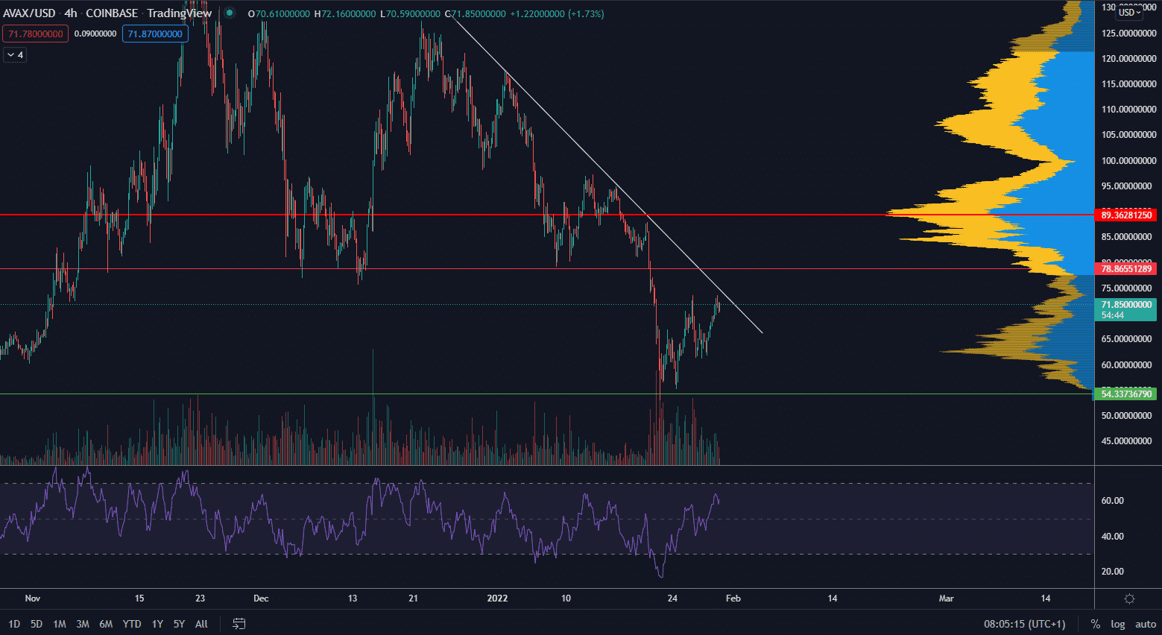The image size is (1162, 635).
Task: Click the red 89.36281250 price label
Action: point(1125,215)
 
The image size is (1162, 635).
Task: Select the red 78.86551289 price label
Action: point(1125,268)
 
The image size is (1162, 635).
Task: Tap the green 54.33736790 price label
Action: point(1125,394)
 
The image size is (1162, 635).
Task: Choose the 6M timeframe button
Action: point(106,624)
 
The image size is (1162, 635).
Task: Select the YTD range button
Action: point(132,624)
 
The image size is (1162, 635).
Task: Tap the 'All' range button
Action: point(201,624)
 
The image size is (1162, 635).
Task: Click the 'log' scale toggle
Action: point(1117,624)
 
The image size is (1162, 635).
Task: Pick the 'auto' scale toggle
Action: point(1146,624)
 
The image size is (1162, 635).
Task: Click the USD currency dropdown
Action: point(1129,12)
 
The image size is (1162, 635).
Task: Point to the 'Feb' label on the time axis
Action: point(733,598)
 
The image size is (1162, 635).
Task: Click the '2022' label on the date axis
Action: point(497,598)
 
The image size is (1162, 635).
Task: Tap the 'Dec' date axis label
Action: point(261,598)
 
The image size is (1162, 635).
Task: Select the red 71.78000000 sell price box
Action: point(36,34)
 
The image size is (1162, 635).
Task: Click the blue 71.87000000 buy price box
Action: point(155,34)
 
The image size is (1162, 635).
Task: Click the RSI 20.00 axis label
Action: point(1112,572)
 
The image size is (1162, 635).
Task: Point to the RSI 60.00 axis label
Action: point(1112,501)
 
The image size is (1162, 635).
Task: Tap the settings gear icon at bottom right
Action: point(1129,598)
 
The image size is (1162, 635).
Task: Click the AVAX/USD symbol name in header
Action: point(29,13)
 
